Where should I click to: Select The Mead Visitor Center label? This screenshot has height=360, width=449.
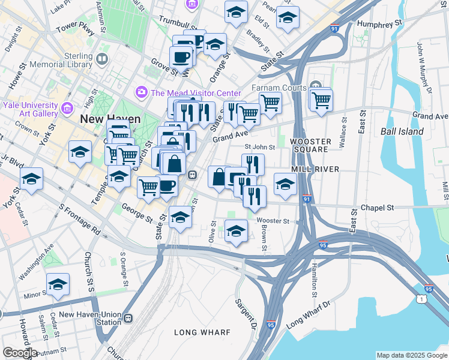coord(195,93)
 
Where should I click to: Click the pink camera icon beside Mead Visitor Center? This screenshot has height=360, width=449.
coord(142,92)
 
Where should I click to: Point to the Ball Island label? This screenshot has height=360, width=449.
coord(402,131)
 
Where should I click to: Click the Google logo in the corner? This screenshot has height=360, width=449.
coord(20,353)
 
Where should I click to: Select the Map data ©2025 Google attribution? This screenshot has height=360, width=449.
coord(412,355)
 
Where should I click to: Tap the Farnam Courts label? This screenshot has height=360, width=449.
coord(278,88)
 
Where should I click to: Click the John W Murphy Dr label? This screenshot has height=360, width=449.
coord(424,66)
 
